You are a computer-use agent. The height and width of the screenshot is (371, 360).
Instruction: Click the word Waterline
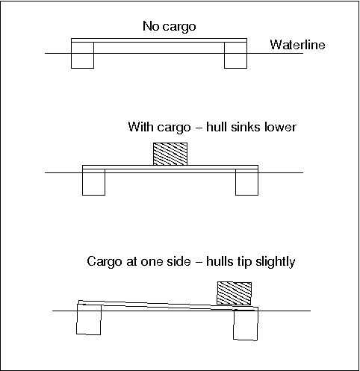pos(298,45)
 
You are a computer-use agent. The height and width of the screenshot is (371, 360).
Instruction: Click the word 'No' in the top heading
pos(149,26)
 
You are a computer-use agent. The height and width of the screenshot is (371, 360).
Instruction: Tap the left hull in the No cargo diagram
pos(82,55)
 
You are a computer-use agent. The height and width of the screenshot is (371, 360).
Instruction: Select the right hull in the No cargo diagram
pos(235,55)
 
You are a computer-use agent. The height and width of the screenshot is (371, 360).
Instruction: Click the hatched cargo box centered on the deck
pos(170,154)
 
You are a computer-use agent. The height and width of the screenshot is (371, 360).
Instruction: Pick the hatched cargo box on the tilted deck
pos(234,293)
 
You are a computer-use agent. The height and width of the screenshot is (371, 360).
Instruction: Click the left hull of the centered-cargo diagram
pos(93,182)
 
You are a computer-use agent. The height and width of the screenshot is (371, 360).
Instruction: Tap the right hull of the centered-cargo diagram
pos(246,182)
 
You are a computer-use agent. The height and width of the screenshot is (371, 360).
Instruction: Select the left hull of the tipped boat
pos(89,319)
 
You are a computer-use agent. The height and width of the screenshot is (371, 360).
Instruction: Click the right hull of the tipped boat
pos(246,324)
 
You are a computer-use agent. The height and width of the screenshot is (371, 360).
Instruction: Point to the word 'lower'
pos(280,127)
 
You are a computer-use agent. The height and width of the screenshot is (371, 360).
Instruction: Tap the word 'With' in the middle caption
pos(140,127)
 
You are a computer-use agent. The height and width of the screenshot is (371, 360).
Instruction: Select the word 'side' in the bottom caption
pos(179,261)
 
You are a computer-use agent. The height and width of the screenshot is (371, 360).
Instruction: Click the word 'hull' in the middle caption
pos(217,127)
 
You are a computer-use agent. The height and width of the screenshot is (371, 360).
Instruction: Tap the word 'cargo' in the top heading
pos(178,27)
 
